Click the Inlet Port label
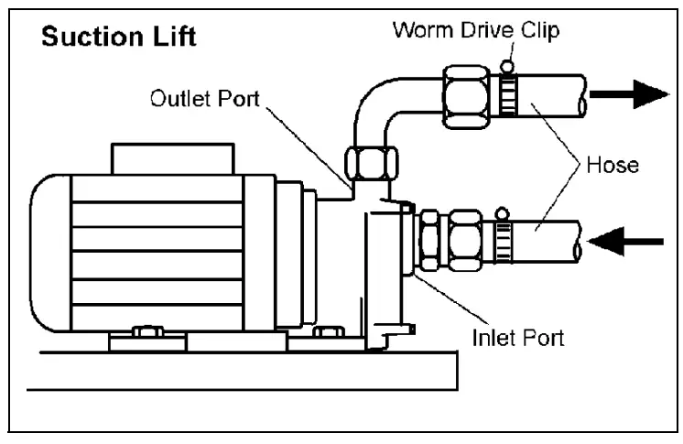(517, 337)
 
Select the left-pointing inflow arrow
(626, 242)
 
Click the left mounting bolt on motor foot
(144, 331)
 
